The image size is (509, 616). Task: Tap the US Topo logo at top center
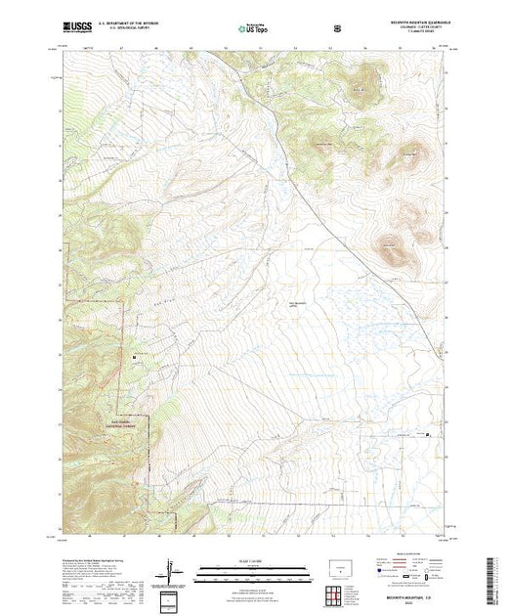click(240, 27)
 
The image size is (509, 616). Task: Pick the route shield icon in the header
click(338, 27)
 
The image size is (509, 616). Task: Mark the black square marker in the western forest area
click(133, 356)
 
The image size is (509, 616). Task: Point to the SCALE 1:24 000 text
click(239, 558)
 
